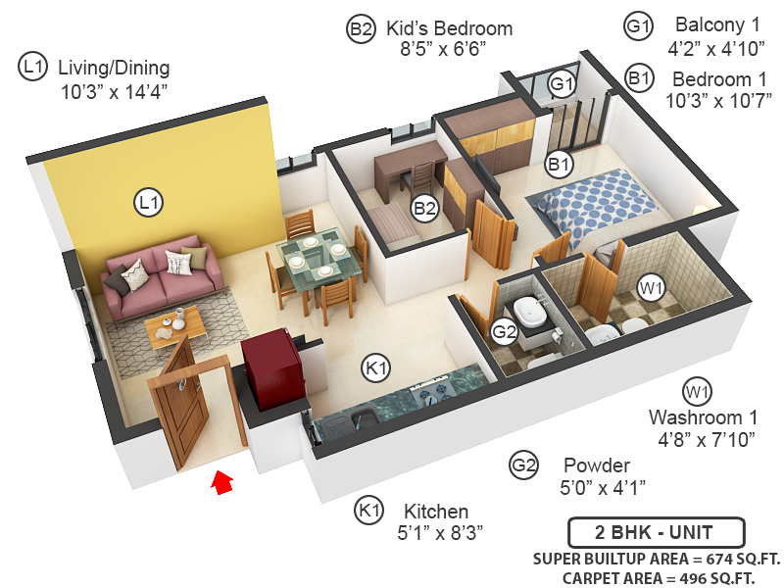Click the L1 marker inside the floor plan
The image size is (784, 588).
point(148,203)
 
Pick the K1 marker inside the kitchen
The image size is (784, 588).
point(375,368)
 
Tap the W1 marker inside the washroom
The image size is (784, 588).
point(650,288)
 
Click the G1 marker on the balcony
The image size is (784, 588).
point(561,84)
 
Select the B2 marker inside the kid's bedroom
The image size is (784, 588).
point(424,208)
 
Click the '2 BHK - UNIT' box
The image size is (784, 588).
point(654,534)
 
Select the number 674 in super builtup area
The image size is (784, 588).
point(704,560)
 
